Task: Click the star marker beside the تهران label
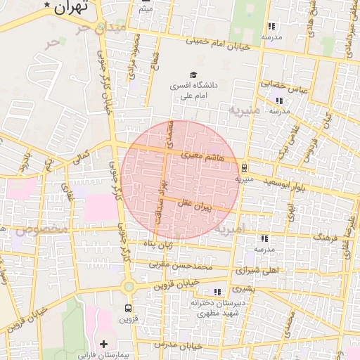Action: pos(47,6)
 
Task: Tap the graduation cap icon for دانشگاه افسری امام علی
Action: pos(193,75)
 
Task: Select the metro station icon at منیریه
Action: pos(244,168)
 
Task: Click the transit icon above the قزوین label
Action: pos(128,308)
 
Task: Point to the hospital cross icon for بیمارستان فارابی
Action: pos(104,344)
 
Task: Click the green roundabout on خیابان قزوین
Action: pos(128,287)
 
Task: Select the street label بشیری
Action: pos(245,288)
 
